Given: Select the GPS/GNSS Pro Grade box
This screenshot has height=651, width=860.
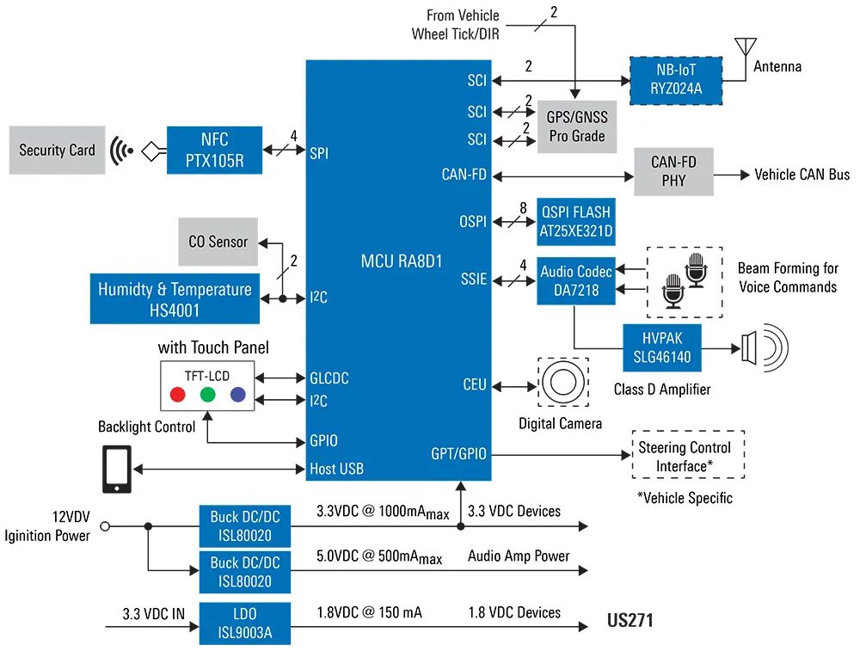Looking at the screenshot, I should click(577, 126).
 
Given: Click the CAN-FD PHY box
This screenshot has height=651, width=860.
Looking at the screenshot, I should click(673, 170).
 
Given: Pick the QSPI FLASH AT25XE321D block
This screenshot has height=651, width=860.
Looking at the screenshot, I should click(576, 221).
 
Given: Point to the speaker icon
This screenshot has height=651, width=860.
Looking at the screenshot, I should click(761, 348).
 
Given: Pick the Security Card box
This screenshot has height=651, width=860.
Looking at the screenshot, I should click(58, 150).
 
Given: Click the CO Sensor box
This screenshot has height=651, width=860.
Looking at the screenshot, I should click(218, 242).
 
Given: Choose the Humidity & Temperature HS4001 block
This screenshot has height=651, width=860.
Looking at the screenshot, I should click(175, 298).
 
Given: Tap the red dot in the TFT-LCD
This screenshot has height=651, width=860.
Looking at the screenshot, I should click(178, 395).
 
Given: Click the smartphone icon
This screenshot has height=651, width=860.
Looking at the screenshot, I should click(117, 470).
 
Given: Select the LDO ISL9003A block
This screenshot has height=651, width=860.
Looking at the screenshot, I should click(244, 623).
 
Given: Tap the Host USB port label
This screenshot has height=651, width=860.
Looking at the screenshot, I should click(336, 469).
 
